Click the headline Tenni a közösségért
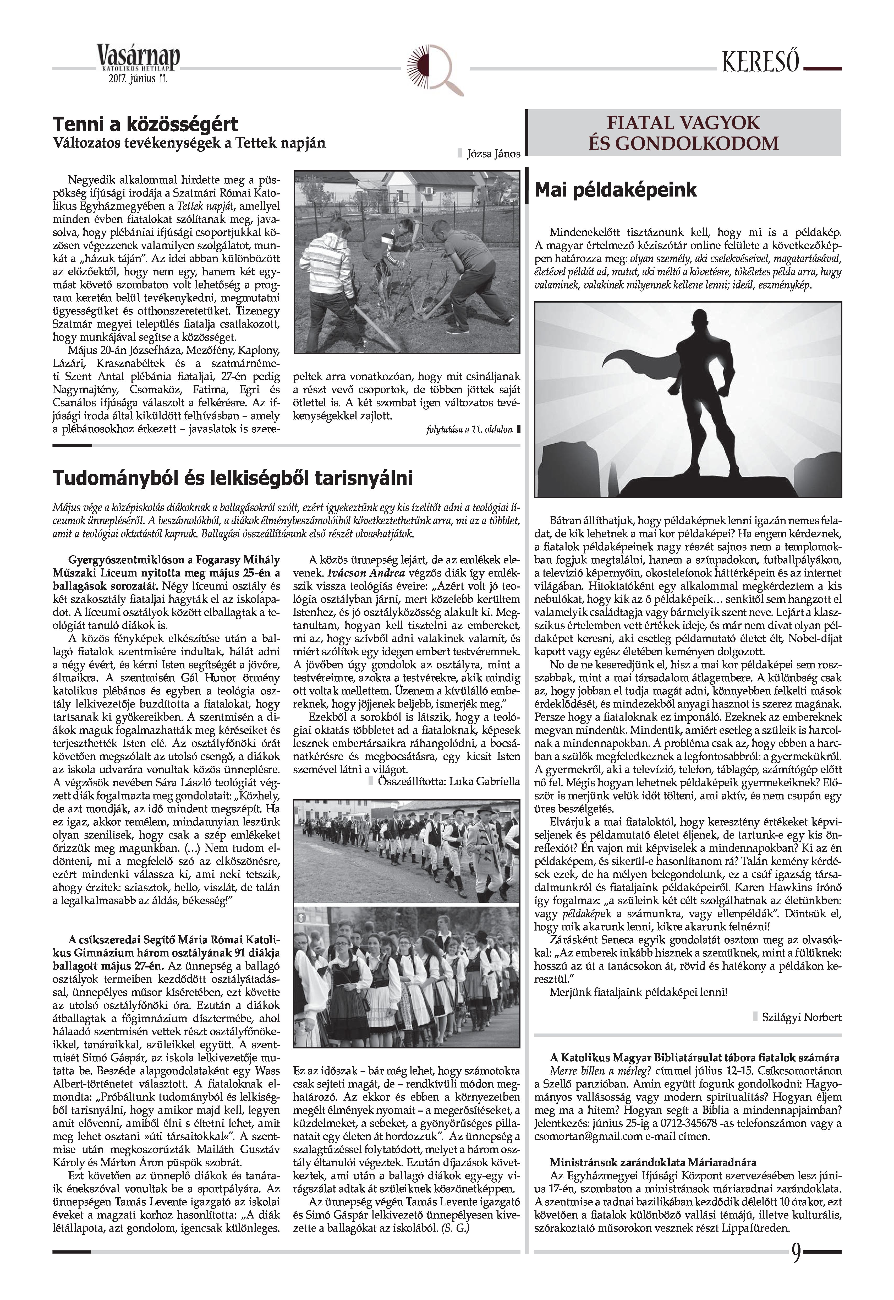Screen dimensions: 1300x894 click(146, 124)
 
